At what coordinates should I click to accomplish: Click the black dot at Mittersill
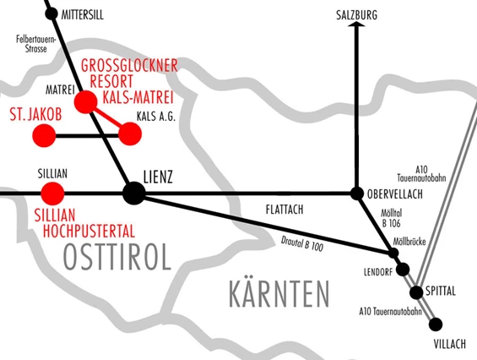pyautogui.click(x=51, y=14)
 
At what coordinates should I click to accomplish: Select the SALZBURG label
pyautogui.click(x=356, y=14)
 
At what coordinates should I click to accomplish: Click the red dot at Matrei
pyautogui.click(x=85, y=102)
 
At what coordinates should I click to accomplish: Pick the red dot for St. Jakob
pyautogui.click(x=43, y=134)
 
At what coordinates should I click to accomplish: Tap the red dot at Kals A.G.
pyautogui.click(x=130, y=134)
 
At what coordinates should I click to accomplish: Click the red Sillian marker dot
pyautogui.click(x=52, y=193)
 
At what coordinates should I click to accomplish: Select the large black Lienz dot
pyautogui.click(x=133, y=194)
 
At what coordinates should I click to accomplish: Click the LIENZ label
pyautogui.click(x=159, y=177)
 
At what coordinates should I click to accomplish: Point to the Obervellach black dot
pyautogui.click(x=357, y=193)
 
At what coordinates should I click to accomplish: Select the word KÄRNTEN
pyautogui.click(x=278, y=294)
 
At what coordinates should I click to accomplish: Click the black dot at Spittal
pyautogui.click(x=416, y=292)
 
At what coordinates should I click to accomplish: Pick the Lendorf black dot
pyautogui.click(x=403, y=270)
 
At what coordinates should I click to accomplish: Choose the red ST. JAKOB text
pyautogui.click(x=38, y=112)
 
